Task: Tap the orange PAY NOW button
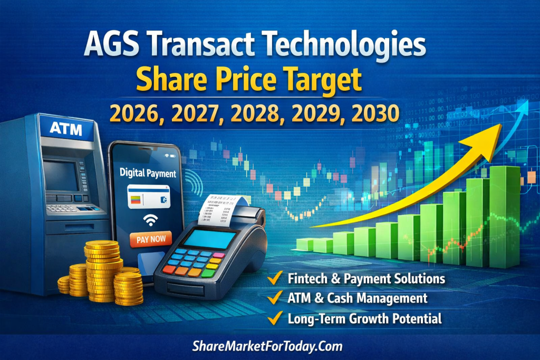coord(150,239)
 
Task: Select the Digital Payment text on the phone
coord(148,173)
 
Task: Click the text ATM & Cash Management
coord(358,298)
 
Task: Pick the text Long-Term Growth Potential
coord(364,318)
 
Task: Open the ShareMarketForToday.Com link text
coord(268,346)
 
